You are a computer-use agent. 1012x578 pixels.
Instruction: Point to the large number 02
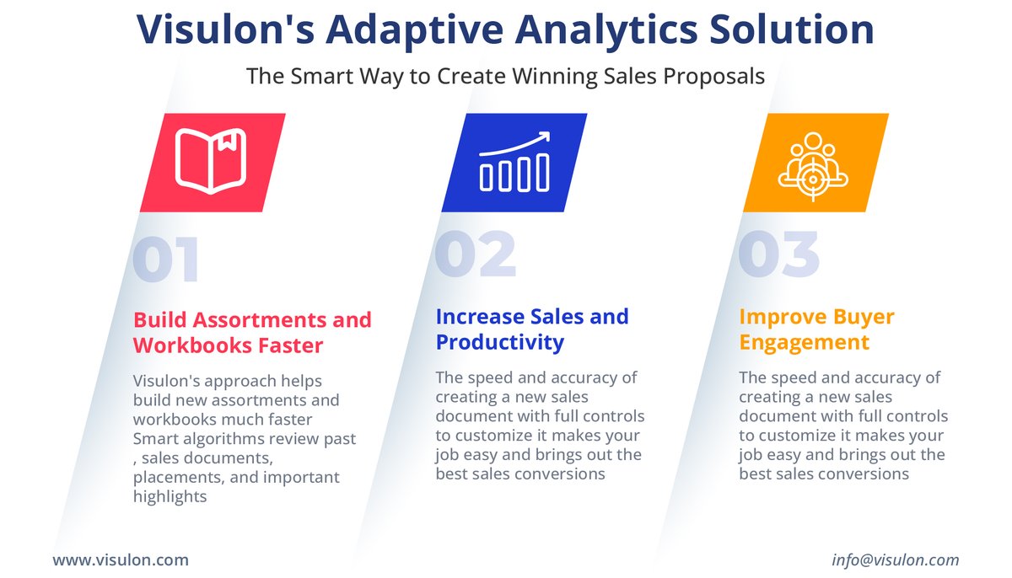[475, 254]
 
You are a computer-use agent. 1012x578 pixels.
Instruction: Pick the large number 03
[778, 254]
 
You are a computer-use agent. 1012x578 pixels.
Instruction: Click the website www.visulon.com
[121, 559]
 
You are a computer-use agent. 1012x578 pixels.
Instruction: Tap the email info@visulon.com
[895, 559]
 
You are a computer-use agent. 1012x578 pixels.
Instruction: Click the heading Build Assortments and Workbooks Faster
[252, 333]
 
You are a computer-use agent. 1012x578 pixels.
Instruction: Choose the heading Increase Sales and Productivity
[532, 329]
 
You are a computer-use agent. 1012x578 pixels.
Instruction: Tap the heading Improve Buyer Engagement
[816, 329]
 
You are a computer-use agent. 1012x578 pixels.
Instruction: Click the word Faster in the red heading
[291, 345]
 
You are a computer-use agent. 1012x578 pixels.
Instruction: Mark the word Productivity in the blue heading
[499, 342]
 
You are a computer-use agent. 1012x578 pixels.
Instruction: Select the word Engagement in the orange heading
[804, 343]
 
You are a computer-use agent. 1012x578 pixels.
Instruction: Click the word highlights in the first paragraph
[170, 496]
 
